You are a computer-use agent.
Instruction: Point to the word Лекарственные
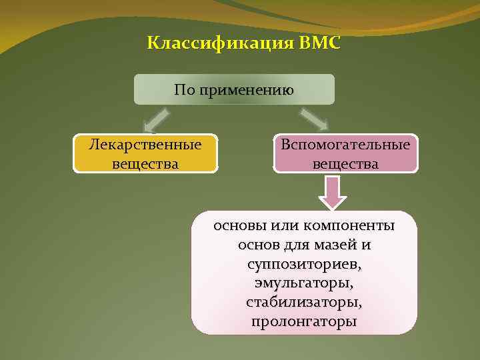point(145,145)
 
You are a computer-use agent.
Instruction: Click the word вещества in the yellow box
point(145,163)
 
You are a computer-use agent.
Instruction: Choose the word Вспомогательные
point(345,145)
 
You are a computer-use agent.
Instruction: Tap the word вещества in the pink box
point(345,163)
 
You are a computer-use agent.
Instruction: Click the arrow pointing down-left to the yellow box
point(155,121)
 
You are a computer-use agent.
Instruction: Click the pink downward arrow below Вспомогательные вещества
point(333,192)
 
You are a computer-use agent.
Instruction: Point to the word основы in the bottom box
point(238,226)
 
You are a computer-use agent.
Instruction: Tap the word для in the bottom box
point(294,245)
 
